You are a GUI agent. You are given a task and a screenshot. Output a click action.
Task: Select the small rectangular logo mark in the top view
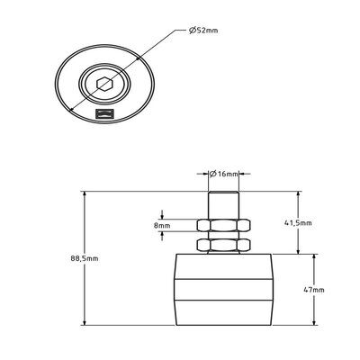coord(104,114)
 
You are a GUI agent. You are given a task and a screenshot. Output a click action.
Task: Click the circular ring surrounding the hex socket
coord(91,85)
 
